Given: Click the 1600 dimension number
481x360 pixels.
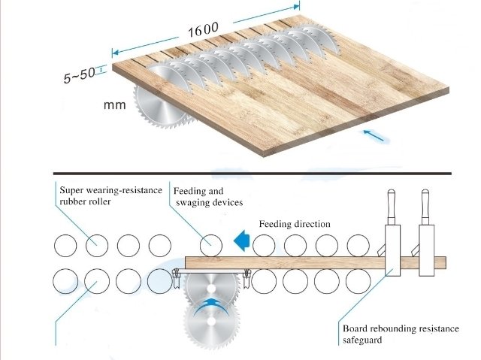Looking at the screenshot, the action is point(203,30).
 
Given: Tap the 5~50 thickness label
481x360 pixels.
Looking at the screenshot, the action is point(79,75).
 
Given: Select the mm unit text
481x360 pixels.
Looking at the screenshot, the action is point(115,105).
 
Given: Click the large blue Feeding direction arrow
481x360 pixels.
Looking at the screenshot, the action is point(242,241).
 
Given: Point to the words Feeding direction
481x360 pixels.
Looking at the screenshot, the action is point(295,224).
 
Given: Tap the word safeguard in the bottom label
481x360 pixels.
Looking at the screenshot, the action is point(362,340).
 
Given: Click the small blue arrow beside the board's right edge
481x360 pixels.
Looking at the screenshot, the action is point(374,135).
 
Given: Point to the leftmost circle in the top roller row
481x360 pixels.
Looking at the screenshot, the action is point(65,246).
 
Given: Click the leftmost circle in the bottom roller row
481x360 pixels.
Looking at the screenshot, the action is point(65,281).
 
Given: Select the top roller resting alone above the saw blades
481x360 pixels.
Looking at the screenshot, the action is point(211,246).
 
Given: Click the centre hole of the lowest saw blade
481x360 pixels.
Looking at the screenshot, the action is point(211,322).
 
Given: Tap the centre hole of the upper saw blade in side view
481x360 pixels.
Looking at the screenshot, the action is point(211,289).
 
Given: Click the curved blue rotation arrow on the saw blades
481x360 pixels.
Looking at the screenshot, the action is point(211,306).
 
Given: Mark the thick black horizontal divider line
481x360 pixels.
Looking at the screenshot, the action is point(253,174).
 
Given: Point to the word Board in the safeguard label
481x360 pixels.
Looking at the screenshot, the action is point(355,328).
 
